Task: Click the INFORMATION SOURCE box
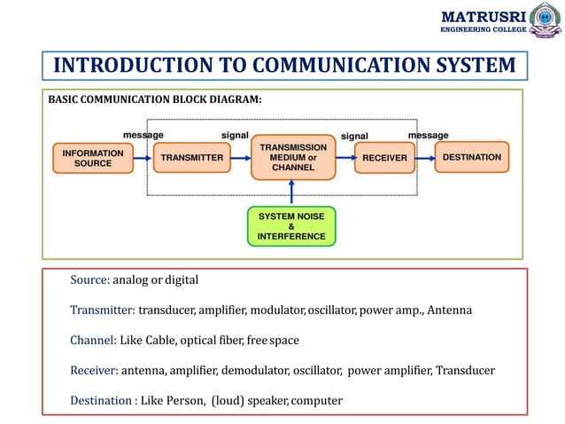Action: point(87,158)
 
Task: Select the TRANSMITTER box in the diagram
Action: point(190,158)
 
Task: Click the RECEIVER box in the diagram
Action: point(384,158)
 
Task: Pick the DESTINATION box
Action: point(472,158)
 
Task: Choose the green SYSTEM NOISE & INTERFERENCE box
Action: point(291,225)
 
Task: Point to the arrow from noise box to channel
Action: point(291,192)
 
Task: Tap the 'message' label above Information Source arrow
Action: point(143,135)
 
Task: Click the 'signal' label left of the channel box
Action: point(235,135)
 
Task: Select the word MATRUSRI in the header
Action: point(484,16)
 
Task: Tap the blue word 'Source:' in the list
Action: point(89,280)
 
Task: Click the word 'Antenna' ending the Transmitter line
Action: point(452,310)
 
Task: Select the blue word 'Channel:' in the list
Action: point(93,341)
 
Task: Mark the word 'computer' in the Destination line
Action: point(316,401)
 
